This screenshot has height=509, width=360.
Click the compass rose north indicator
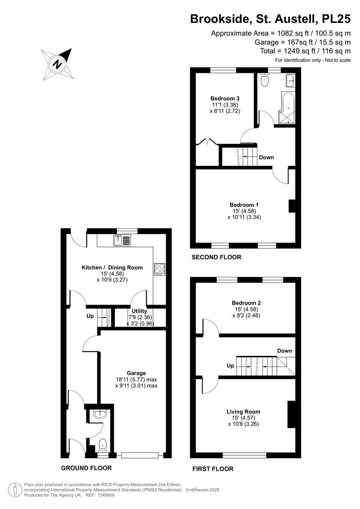(57, 64)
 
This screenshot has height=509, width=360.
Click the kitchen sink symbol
(123, 241)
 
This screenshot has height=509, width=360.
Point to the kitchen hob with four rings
(159, 269)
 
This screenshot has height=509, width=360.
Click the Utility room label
(140, 311)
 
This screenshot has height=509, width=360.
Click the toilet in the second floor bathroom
(265, 81)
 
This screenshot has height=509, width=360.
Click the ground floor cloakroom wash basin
(100, 414)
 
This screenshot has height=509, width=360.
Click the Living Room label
(243, 411)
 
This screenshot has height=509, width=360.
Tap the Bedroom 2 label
(246, 303)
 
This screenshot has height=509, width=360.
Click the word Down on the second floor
(266, 157)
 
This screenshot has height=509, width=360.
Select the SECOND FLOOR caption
(216, 257)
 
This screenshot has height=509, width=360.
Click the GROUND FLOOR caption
(87, 468)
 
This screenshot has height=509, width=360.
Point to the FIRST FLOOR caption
(213, 469)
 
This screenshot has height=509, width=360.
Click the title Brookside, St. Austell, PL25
(271, 19)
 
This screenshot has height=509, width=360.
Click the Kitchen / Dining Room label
(112, 268)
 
